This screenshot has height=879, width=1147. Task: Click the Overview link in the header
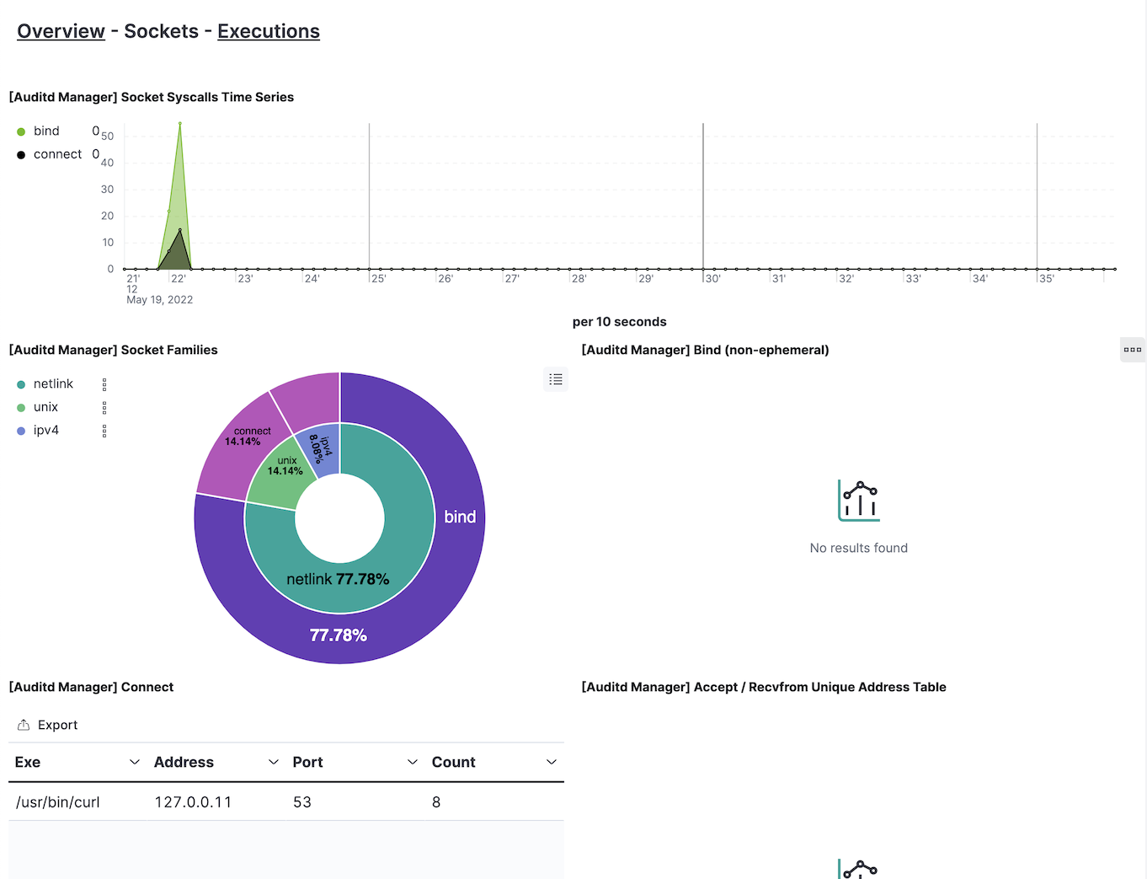coord(61,31)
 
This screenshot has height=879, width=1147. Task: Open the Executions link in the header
coord(269,31)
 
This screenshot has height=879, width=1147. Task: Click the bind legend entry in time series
coord(46,131)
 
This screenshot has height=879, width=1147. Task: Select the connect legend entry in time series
coord(57,154)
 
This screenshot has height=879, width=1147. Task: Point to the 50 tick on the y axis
coord(108,137)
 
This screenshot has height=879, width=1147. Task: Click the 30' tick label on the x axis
coord(712,279)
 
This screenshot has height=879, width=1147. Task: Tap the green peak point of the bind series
coord(179,124)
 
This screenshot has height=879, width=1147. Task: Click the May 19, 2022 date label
coord(159,300)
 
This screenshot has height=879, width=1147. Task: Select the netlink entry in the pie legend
coord(53,384)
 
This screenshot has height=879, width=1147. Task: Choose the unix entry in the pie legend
coord(45,407)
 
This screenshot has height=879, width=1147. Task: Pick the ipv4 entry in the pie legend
coord(45,431)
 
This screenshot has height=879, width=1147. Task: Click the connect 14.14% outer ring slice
coord(244,438)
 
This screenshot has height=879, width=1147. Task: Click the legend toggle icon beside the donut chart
coord(556,380)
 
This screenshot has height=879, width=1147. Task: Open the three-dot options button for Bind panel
coord(1132,350)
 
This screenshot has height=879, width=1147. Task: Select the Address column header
coord(184,763)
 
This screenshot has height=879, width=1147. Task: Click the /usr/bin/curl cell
coord(57,802)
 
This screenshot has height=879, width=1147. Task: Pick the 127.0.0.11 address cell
coord(193,802)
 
